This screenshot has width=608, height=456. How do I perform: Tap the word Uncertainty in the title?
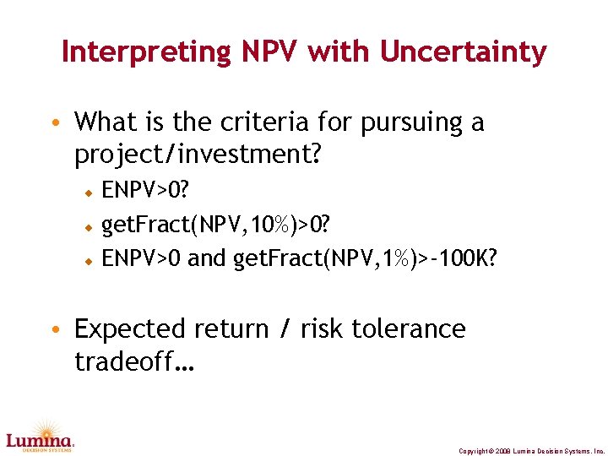(x=464, y=52)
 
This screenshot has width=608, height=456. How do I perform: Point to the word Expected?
(x=129, y=328)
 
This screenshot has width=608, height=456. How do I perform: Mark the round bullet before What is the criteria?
(x=55, y=124)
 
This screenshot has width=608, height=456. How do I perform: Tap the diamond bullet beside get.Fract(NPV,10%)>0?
(x=86, y=227)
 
